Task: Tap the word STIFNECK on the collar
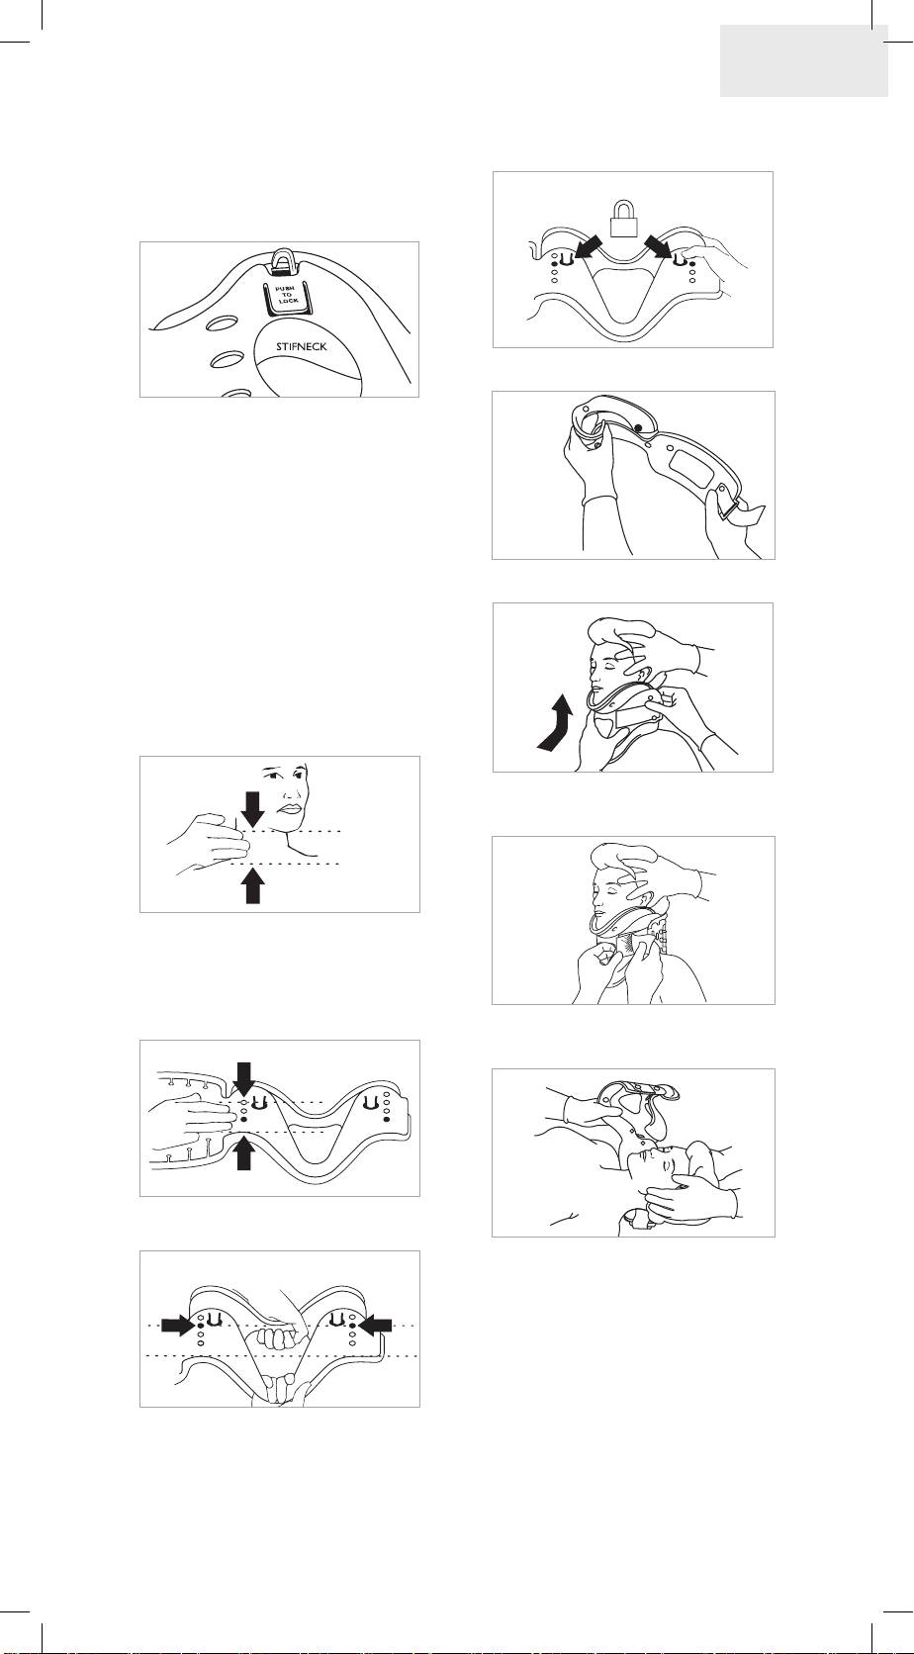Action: click(302, 345)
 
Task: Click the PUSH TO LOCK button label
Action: click(287, 296)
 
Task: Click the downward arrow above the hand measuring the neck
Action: click(252, 809)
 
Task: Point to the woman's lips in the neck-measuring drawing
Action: click(290, 808)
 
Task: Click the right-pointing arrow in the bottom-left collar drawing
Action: click(178, 1326)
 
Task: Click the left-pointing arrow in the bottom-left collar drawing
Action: click(376, 1326)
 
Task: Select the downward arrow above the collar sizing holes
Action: click(243, 1079)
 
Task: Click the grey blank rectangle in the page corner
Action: click(804, 60)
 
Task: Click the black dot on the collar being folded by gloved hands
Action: click(637, 427)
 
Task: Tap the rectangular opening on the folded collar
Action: click(691, 467)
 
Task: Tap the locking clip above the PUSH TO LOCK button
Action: click(283, 260)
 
